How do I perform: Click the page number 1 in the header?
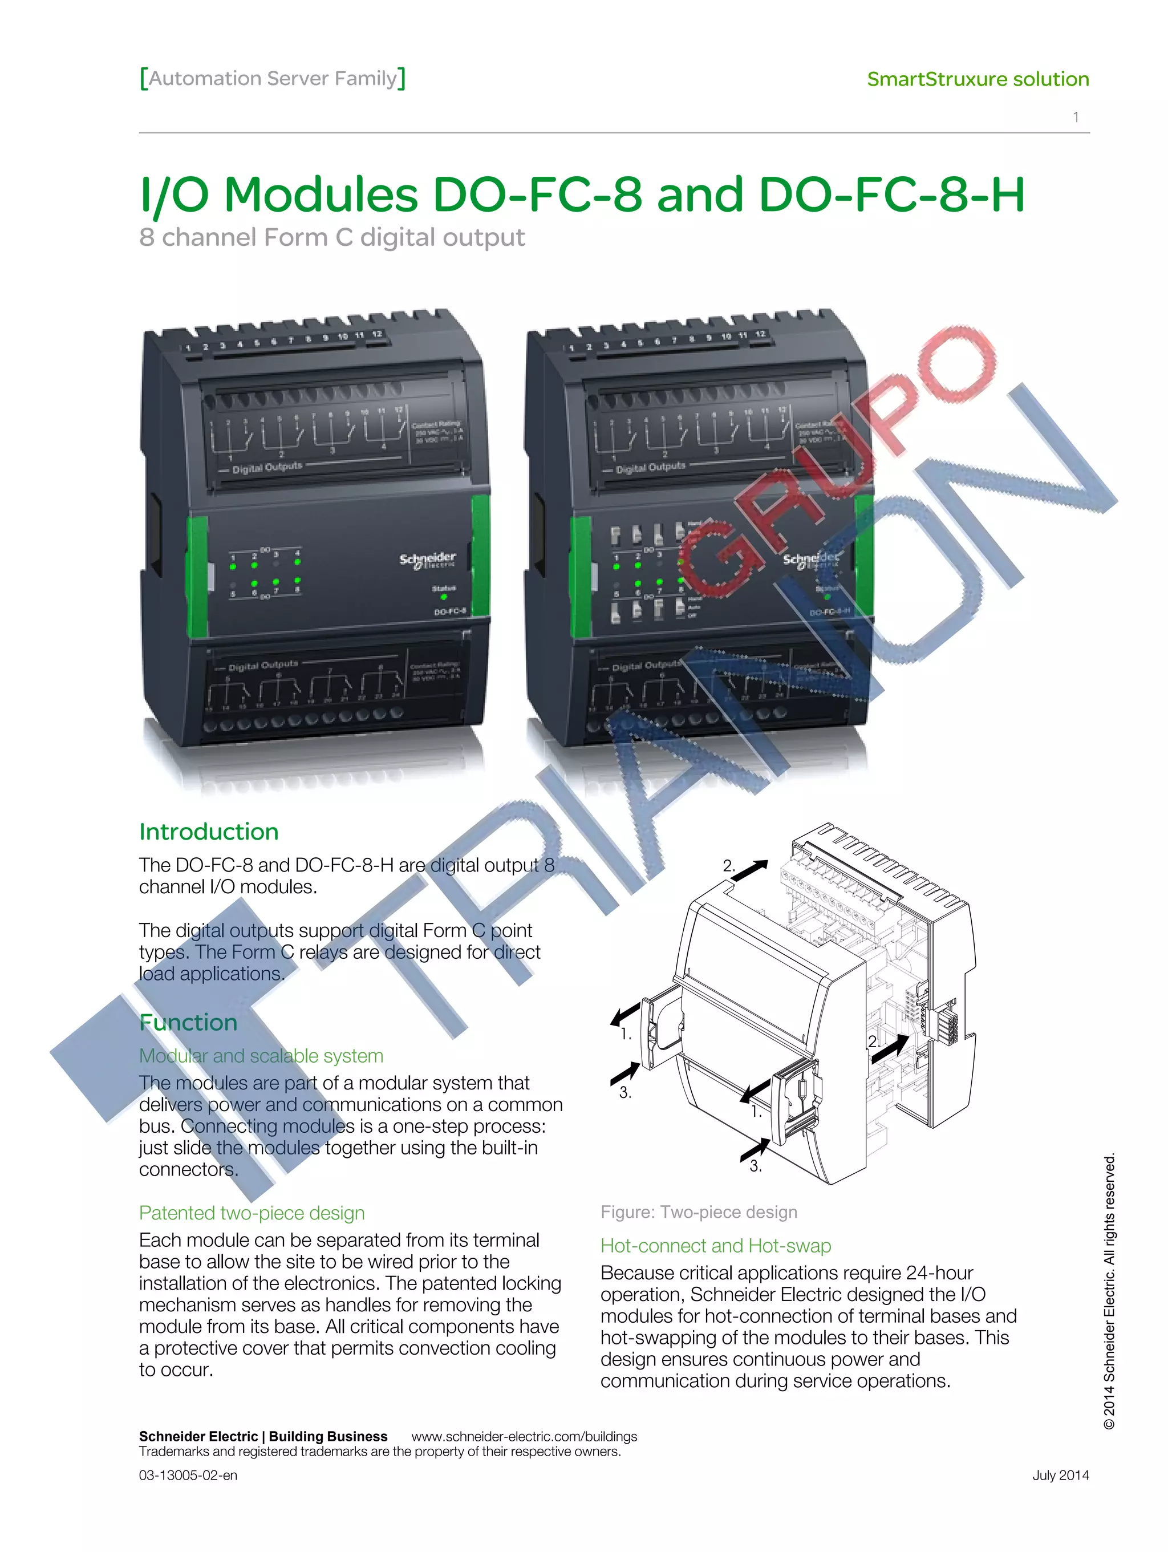pos(1076,117)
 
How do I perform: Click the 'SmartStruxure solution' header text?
pos(977,79)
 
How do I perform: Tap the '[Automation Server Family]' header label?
pos(272,78)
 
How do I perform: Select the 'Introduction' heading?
pos(208,832)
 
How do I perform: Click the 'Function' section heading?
pos(188,1022)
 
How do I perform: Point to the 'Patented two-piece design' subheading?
pos(251,1213)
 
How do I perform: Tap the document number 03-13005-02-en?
pos(188,1475)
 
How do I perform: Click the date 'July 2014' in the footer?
pos(1060,1475)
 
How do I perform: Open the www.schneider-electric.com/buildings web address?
pos(524,1436)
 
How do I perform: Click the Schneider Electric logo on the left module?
pos(427,560)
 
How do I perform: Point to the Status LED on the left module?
pos(443,597)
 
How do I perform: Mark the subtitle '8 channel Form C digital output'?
pos(331,238)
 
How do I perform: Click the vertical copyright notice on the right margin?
pos(1109,1291)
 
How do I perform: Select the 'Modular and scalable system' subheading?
pos(261,1055)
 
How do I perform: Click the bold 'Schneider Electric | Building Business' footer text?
pos(262,1436)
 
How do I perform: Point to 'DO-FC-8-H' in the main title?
pos(891,194)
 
